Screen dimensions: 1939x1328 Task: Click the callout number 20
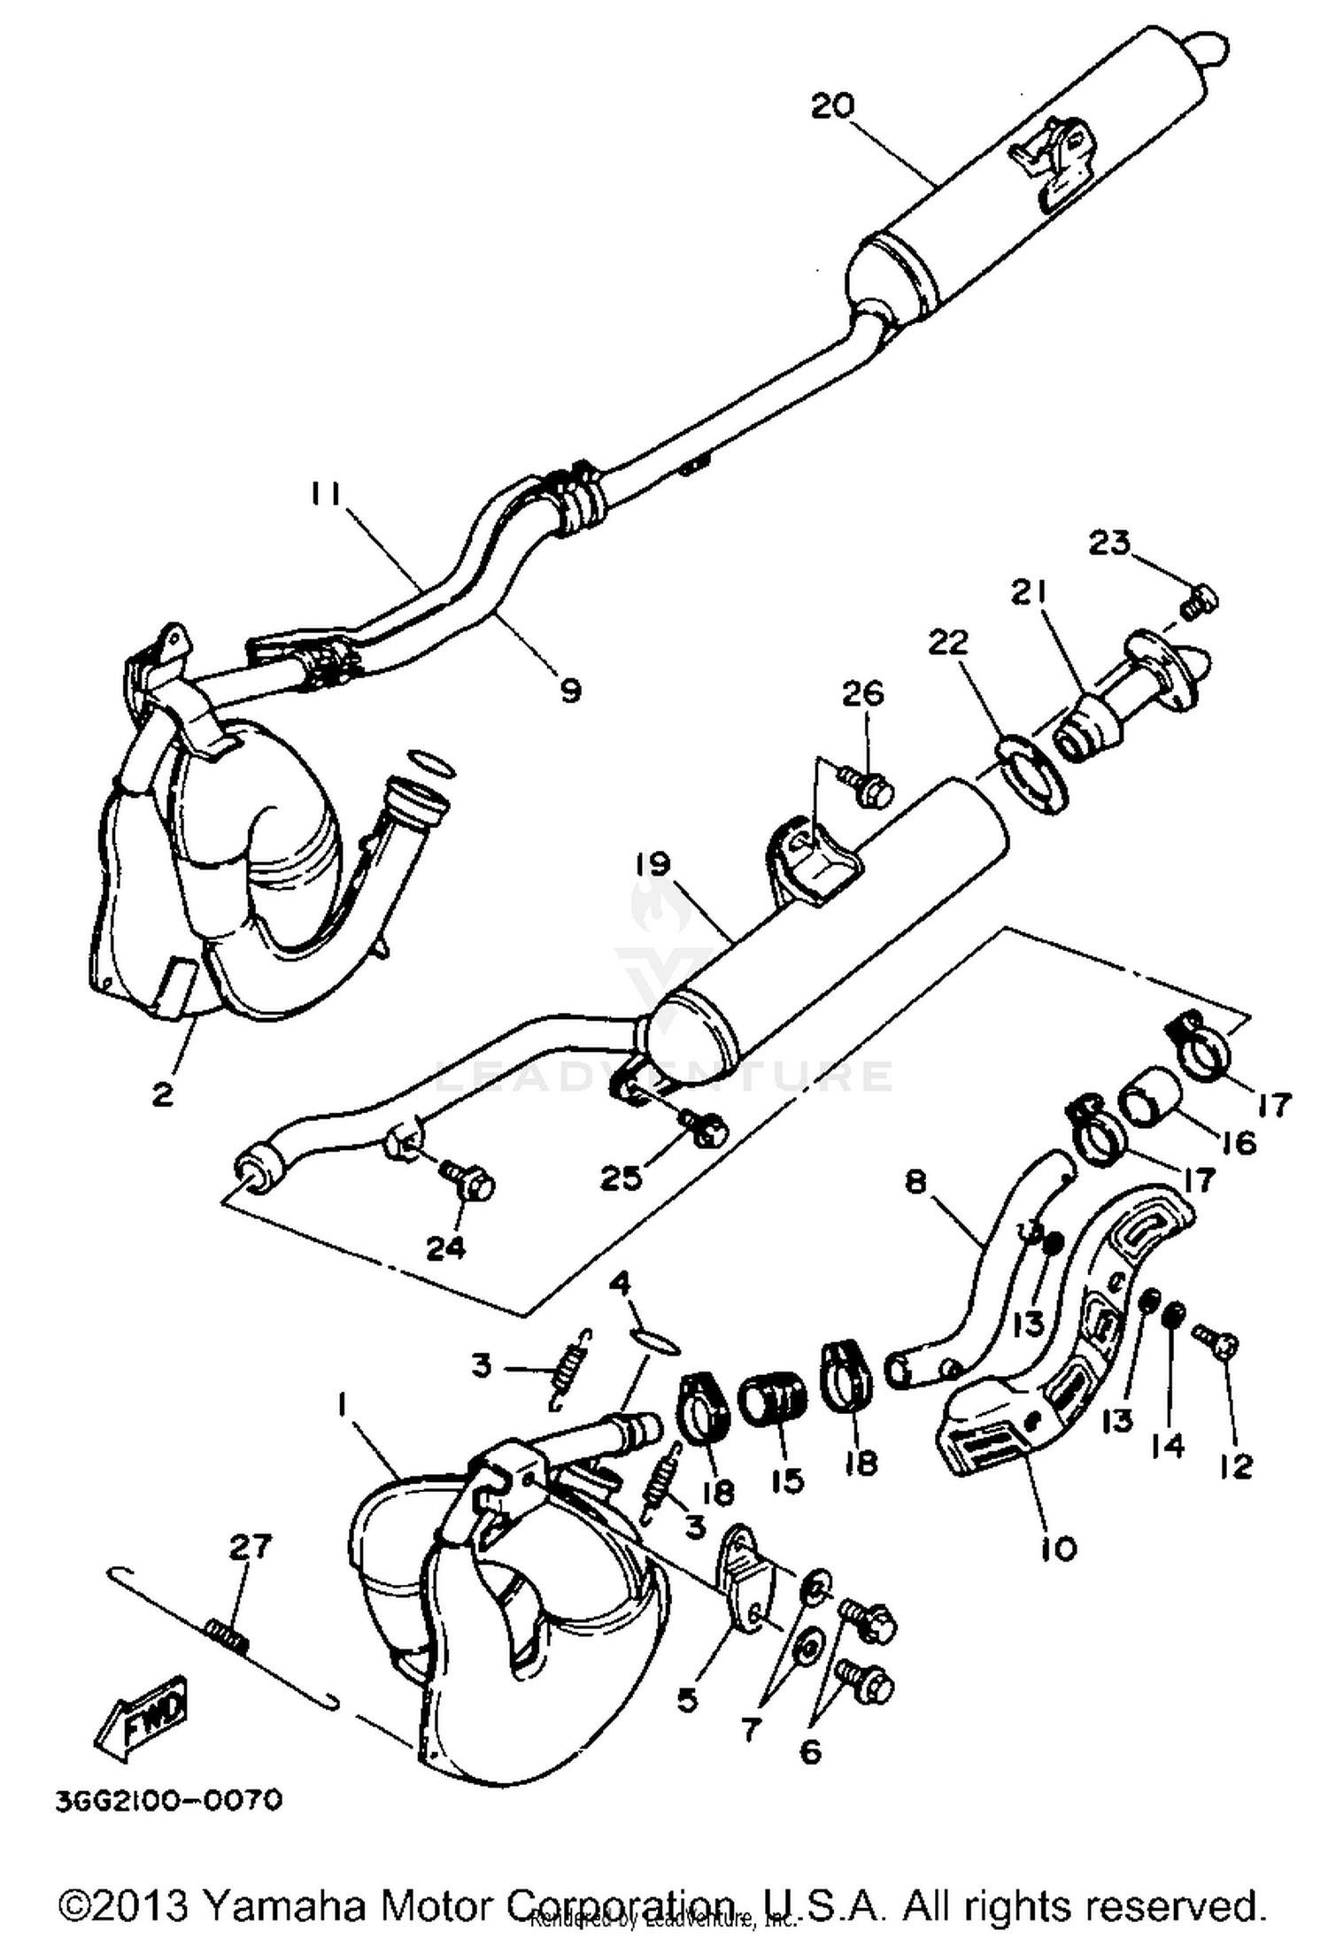click(832, 106)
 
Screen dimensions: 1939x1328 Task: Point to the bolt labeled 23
click(1201, 601)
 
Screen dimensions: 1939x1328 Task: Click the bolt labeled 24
click(469, 1182)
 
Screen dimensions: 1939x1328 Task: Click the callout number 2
click(162, 1094)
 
